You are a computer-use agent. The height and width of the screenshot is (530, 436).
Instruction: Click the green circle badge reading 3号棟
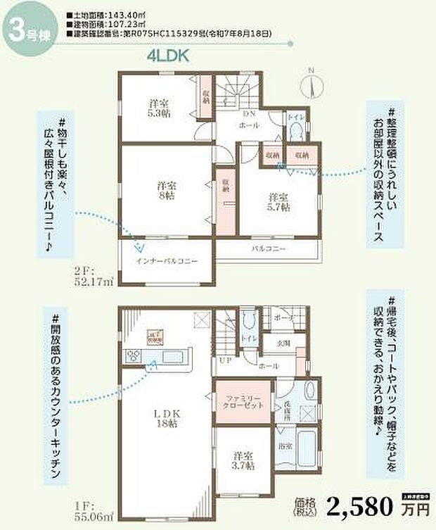pyautogui.click(x=25, y=30)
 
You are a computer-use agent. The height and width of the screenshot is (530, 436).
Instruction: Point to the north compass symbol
pyautogui.click(x=309, y=83)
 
